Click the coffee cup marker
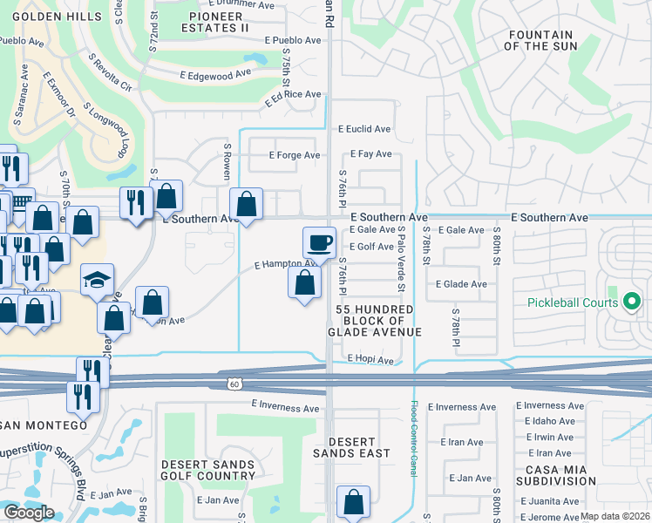318,242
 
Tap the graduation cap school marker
98,280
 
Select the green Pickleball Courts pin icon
632,302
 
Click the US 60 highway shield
234,384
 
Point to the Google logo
29,513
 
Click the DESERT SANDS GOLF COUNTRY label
207,470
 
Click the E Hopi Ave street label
370,359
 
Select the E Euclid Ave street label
364,129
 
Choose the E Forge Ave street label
294,155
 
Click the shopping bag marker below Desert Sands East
353,503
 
